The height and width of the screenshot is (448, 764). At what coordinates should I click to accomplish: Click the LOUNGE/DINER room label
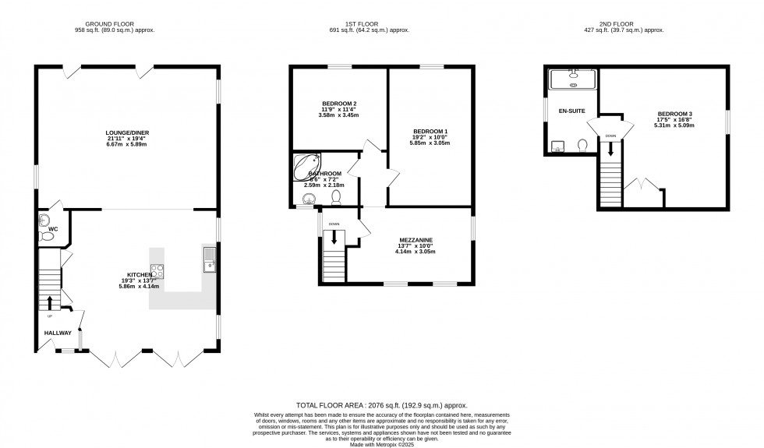click(x=126, y=133)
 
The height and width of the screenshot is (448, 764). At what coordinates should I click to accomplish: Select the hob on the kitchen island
click(x=157, y=271)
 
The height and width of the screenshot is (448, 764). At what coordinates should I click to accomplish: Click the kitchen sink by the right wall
click(x=209, y=259)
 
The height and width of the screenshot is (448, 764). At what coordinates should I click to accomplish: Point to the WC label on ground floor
click(x=53, y=229)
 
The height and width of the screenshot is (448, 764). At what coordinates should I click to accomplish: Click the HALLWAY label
click(x=57, y=333)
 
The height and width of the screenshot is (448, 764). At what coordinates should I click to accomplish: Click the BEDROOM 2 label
click(x=339, y=104)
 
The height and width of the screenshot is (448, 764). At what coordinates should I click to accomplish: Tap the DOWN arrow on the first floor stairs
click(x=334, y=238)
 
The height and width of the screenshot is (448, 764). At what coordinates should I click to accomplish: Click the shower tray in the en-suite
click(x=573, y=78)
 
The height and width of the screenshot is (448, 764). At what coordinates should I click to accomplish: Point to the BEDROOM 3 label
click(x=675, y=115)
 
